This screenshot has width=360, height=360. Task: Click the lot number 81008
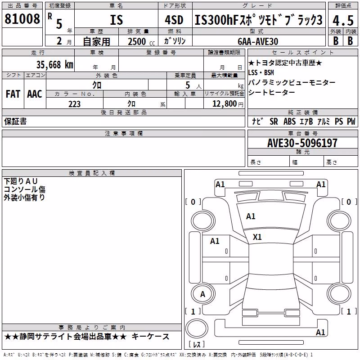[x=22, y=18]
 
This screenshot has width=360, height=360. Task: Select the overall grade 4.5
[x=343, y=20]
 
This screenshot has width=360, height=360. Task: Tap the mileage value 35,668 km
[x=54, y=64]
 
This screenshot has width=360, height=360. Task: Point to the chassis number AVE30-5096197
[x=302, y=143]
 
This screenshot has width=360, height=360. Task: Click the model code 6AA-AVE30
[x=258, y=41]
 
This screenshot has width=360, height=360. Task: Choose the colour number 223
[x=74, y=104]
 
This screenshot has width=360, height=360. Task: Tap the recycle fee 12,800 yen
[x=228, y=104]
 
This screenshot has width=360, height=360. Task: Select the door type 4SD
[x=174, y=20]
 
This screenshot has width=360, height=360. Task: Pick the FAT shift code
[x=13, y=94]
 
